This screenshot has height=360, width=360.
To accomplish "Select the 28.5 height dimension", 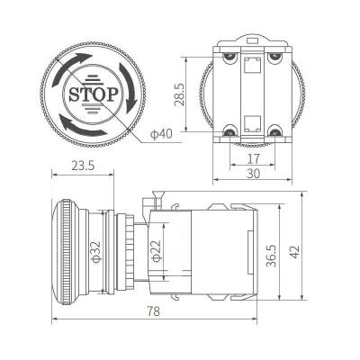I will tap(180, 93).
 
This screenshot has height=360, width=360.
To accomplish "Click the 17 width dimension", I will tap(253, 158).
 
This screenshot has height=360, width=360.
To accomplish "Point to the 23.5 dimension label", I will tap(82, 166).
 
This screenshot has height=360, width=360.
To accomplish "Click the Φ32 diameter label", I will tap(95, 253).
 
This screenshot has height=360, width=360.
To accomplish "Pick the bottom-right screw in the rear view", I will tap(274, 130).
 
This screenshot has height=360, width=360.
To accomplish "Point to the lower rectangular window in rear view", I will tap(253, 123).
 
